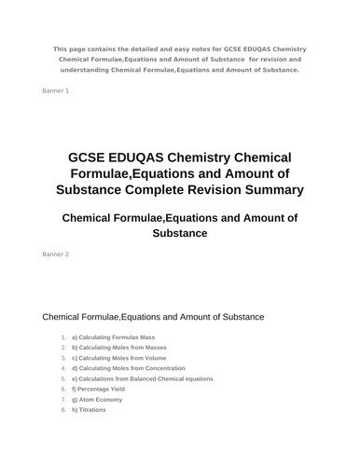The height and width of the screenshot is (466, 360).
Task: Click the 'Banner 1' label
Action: click(56, 90)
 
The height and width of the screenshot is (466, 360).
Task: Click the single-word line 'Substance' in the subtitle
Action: click(180, 233)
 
